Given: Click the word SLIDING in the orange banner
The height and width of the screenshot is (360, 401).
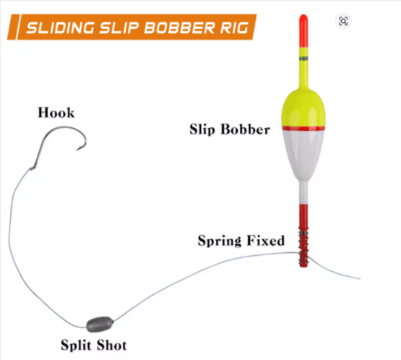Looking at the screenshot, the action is coord(61,27).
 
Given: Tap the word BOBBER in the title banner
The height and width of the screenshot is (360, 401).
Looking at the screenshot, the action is coord(180,27).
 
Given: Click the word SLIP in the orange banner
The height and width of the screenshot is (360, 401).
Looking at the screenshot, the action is coord(119,27).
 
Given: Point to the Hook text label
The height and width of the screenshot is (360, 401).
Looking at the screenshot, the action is coord(56,113).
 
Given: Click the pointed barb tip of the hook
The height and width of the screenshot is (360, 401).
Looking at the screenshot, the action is coord(77,150).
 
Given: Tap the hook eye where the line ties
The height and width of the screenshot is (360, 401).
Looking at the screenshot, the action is coord(33,168).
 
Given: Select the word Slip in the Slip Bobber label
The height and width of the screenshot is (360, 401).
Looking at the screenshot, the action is coord(202,129).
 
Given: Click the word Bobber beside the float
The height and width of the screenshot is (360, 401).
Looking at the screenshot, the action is coord(245,129).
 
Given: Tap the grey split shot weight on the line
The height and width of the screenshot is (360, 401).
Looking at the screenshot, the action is coord(100,324).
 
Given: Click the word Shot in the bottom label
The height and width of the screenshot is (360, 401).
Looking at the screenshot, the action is coord(112,345).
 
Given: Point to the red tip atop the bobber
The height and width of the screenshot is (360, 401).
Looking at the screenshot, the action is coord(303,30).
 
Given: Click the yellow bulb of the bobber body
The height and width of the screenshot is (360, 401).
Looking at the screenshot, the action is coord(303,108).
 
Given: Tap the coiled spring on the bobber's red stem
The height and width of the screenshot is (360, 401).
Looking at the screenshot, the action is coord(303,247).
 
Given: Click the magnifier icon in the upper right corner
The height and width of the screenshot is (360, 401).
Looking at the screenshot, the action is coord(343,21).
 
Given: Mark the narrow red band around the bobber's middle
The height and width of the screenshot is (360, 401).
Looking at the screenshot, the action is coord(303,128).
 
